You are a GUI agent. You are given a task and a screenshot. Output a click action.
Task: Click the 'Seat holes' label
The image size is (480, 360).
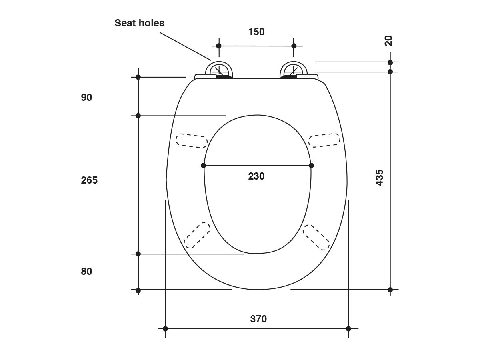[139, 23]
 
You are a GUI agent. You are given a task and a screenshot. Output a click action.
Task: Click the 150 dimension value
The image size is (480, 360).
[256, 32]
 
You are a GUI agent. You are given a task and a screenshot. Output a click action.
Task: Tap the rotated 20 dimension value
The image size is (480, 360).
[388, 41]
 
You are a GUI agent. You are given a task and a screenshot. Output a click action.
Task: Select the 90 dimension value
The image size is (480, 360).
[86, 98]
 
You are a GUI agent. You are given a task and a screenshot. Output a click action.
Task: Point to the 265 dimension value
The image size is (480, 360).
[89, 180]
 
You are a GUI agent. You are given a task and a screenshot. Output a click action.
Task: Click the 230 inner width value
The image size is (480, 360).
[256, 176]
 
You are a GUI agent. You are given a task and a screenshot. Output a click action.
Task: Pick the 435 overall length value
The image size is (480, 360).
[380, 177]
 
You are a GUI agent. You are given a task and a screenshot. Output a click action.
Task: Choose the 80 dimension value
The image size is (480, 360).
[86, 272]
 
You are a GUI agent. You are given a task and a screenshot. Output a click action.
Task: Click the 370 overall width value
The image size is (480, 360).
[258, 319]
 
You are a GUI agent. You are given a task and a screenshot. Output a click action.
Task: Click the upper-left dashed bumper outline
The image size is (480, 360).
[192, 140]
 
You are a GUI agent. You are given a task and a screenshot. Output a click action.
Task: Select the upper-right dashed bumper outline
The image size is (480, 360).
[324, 140]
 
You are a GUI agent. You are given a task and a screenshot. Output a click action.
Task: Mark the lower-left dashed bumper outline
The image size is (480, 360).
[197, 235]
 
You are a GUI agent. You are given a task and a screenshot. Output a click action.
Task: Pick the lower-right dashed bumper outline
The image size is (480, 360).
[316, 237]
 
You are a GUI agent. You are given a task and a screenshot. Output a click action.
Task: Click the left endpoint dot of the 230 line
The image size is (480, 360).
[204, 165]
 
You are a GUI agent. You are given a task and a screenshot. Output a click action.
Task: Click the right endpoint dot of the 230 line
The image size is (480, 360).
[311, 165]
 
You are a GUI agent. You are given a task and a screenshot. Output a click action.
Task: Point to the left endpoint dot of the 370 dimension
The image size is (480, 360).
[165, 329]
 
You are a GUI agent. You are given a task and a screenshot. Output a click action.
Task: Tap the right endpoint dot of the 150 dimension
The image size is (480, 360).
[294, 46]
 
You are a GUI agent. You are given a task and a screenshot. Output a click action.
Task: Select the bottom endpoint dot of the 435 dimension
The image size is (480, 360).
[390, 290]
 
